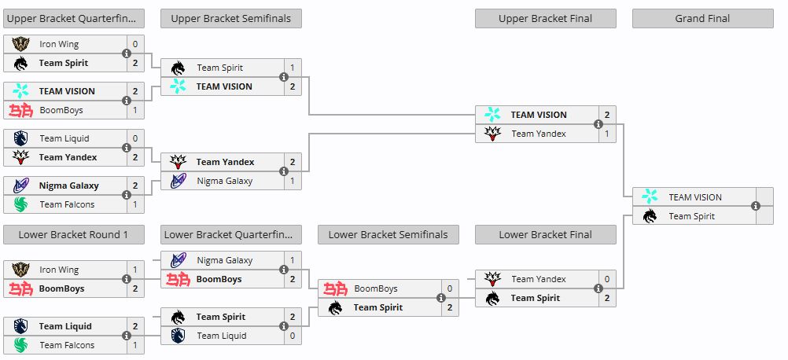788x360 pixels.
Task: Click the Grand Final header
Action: [702, 19]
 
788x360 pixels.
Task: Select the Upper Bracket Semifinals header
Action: [231, 19]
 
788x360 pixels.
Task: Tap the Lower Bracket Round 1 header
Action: [73, 234]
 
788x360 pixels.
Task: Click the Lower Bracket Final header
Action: [545, 234]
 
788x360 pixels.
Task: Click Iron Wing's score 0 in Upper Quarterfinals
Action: [134, 44]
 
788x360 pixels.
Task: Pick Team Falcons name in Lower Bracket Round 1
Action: [67, 345]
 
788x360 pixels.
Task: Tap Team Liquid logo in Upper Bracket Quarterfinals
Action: [20, 138]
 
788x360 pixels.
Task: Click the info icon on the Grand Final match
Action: [755, 207]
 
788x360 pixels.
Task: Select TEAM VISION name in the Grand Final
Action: [695, 197]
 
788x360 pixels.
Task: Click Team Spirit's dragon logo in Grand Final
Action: [650, 216]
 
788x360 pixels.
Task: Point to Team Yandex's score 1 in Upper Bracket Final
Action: [607, 134]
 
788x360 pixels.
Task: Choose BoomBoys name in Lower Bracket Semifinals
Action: [376, 288]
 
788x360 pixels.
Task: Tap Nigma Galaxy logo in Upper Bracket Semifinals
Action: [178, 181]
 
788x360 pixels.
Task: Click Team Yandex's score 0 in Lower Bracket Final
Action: [607, 279]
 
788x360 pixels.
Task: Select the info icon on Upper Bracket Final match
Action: [598, 124]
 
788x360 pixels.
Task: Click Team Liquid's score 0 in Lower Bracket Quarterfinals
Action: [293, 336]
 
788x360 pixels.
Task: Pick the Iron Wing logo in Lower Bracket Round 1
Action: [20, 270]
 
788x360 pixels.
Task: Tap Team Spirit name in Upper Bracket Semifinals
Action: [220, 68]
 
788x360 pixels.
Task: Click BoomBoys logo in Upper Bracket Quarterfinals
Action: [20, 110]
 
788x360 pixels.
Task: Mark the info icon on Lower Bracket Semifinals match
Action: [440, 298]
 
